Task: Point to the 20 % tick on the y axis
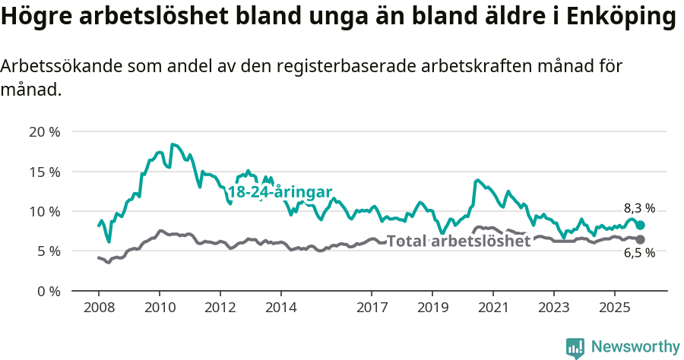point(44,131)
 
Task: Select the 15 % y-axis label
point(44,171)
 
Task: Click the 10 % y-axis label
point(44,211)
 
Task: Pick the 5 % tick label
point(48,251)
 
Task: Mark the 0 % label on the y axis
point(48,291)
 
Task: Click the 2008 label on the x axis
point(99,309)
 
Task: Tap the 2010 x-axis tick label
point(160,309)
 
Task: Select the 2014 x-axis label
point(280,309)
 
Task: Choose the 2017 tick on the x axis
point(372,309)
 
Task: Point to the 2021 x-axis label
point(492,309)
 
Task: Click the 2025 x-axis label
point(614,309)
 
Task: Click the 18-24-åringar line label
point(280,192)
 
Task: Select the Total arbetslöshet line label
point(458,242)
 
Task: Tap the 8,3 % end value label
point(639,208)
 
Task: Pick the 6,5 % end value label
point(639,254)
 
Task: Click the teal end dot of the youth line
point(641,225)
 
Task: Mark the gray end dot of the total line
point(641,239)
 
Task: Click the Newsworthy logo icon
point(575,347)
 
